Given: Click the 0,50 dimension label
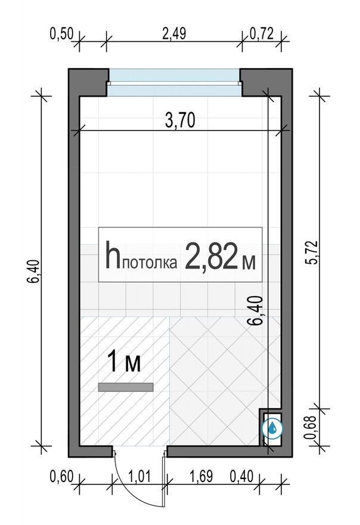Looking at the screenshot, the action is click(x=61, y=34).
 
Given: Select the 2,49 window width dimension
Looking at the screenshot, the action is click(x=174, y=34).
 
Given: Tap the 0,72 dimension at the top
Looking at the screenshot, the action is click(x=262, y=34).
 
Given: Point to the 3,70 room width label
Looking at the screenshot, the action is click(x=180, y=121).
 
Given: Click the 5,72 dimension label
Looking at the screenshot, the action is click(x=314, y=252).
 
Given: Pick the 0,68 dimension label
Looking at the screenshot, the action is click(x=310, y=427).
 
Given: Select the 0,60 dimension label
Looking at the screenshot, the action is click(x=61, y=476).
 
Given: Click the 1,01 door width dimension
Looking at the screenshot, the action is click(x=139, y=476).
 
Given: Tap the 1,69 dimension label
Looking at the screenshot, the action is click(x=201, y=476).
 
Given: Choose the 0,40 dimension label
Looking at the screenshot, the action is click(x=241, y=476).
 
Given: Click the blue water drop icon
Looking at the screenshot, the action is click(x=272, y=428).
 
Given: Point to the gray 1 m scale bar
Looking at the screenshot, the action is click(x=126, y=387).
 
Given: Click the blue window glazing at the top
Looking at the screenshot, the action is click(x=174, y=82).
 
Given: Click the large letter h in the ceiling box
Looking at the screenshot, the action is click(x=113, y=255).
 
